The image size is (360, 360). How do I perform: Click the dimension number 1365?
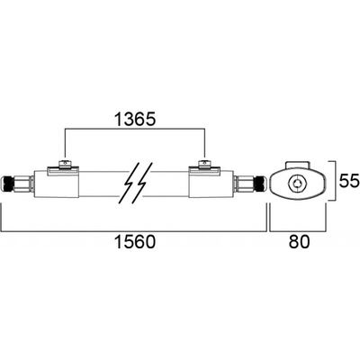pyautogui.click(x=135, y=120)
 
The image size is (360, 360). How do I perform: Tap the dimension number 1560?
pyautogui.click(x=135, y=242)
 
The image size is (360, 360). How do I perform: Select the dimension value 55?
pyautogui.click(x=349, y=181)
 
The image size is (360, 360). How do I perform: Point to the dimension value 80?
pyautogui.click(x=299, y=242)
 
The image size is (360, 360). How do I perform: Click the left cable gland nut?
pyautogui.click(x=8, y=184)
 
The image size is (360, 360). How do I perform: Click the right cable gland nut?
pyautogui.click(x=260, y=184)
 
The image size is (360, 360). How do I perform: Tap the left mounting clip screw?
pyautogui.click(x=64, y=163)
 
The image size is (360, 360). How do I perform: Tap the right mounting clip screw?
pyautogui.click(x=203, y=163)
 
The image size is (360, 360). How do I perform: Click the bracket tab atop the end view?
pyautogui.click(x=298, y=166)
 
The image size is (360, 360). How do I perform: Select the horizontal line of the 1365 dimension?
pyautogui.click(x=135, y=129)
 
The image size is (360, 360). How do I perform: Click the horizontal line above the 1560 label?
pyautogui.click(x=134, y=231)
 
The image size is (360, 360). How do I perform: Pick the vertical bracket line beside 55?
pyautogui.click(x=335, y=181)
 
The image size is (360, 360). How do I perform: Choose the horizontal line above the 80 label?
pyautogui.click(x=298, y=231)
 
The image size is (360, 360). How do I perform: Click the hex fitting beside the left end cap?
pyautogui.click(x=23, y=184)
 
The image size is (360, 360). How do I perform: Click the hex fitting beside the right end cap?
pyautogui.click(x=246, y=184)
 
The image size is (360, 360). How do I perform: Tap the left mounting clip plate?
pyautogui.click(x=63, y=170)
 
